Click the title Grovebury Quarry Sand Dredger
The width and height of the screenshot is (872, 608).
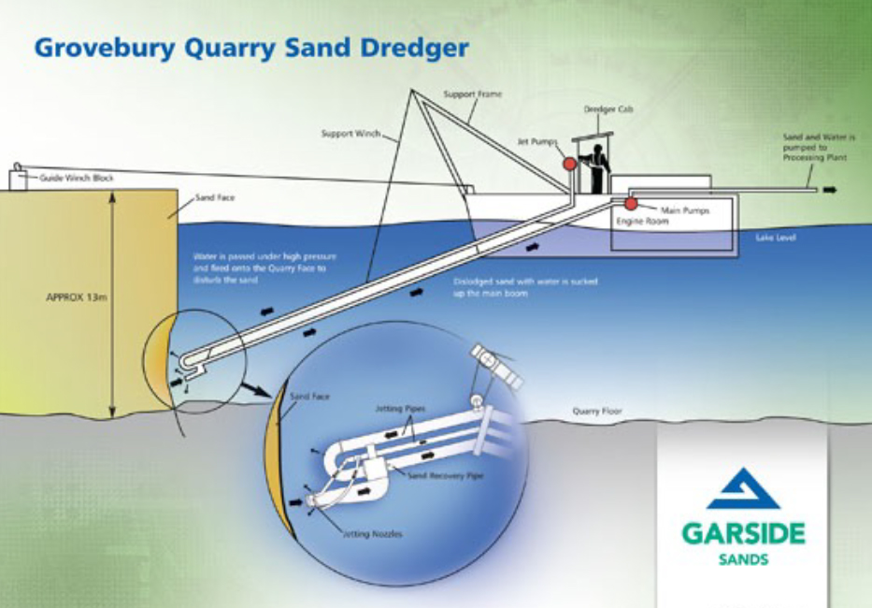(x=250, y=48)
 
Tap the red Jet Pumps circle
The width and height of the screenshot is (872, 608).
(x=568, y=163)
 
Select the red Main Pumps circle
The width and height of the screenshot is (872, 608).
(x=631, y=204)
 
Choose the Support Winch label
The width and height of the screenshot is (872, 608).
(x=350, y=134)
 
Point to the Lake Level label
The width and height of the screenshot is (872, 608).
(x=775, y=239)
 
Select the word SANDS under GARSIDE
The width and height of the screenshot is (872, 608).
(x=743, y=559)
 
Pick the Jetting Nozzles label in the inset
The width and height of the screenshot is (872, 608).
(x=372, y=533)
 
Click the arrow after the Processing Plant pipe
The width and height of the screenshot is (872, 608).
(x=829, y=190)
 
